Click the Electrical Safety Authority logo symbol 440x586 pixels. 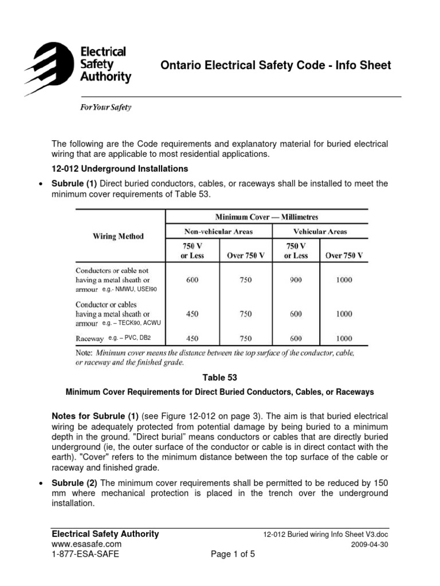click(x=49, y=65)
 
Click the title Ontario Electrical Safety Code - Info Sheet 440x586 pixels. click(x=276, y=65)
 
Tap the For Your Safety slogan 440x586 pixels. click(x=105, y=108)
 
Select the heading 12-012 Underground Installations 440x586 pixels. click(x=120, y=169)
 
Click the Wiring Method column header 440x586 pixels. click(x=119, y=236)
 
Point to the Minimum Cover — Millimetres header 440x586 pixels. click(x=266, y=217)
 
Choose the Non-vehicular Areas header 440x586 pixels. click(x=218, y=232)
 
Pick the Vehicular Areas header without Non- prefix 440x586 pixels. click(x=320, y=232)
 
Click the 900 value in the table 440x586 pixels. click(x=296, y=280)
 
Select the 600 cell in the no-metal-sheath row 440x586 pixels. click(x=192, y=280)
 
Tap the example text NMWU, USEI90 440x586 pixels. click(x=125, y=290)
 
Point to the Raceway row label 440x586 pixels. click(x=90, y=338)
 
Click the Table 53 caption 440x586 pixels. click(x=220, y=378)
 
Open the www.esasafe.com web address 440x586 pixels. click(x=87, y=544)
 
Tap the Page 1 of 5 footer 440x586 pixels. click(x=235, y=554)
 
